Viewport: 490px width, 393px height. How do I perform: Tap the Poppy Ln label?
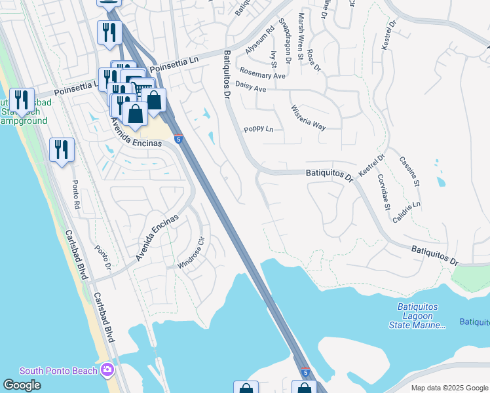(258, 130)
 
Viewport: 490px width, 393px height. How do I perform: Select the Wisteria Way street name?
(308, 117)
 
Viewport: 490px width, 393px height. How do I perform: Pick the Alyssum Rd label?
(260, 41)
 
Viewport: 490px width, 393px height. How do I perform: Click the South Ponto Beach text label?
(59, 371)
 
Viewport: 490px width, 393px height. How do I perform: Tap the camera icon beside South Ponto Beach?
(107, 371)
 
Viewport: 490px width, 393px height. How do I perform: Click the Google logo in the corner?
(22, 385)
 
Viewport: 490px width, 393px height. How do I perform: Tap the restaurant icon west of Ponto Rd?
(62, 150)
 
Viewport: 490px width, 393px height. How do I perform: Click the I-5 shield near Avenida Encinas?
(178, 138)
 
